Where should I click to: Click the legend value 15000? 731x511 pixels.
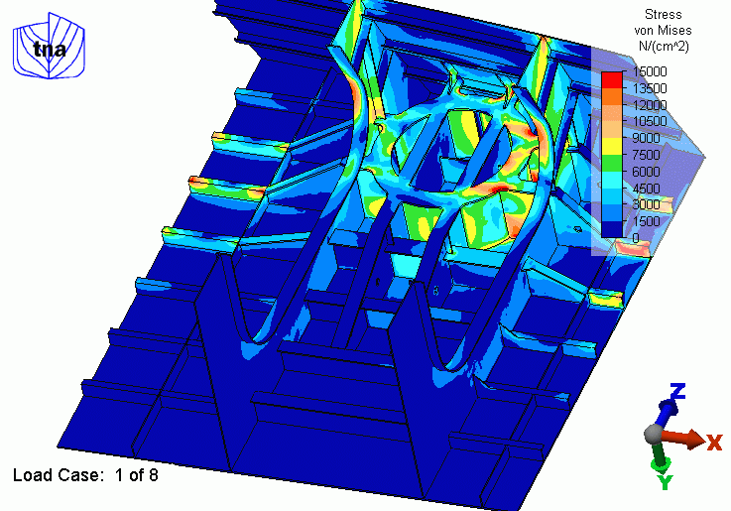click(650, 71)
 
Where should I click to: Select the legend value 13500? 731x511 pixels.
click(650, 88)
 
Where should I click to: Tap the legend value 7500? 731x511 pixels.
click(646, 155)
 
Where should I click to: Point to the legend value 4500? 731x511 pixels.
click(646, 189)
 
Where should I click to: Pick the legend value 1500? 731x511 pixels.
click(646, 221)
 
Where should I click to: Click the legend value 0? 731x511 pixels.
click(636, 238)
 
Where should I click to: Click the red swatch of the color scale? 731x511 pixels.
click(612, 79)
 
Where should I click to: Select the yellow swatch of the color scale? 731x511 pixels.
click(612, 147)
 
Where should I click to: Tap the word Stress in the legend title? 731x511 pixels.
click(663, 15)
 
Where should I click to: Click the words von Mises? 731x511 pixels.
click(663, 31)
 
